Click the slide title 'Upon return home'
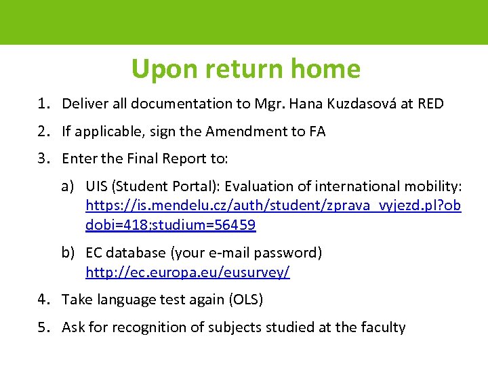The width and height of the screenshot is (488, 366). [x=245, y=68]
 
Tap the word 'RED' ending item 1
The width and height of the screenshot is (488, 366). [x=431, y=104]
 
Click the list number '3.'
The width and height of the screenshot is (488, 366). [x=45, y=159]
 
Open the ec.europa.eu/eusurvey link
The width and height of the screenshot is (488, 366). [x=188, y=272]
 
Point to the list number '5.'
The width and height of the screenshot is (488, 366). [x=45, y=327]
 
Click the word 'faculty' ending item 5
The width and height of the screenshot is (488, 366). [x=383, y=327]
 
